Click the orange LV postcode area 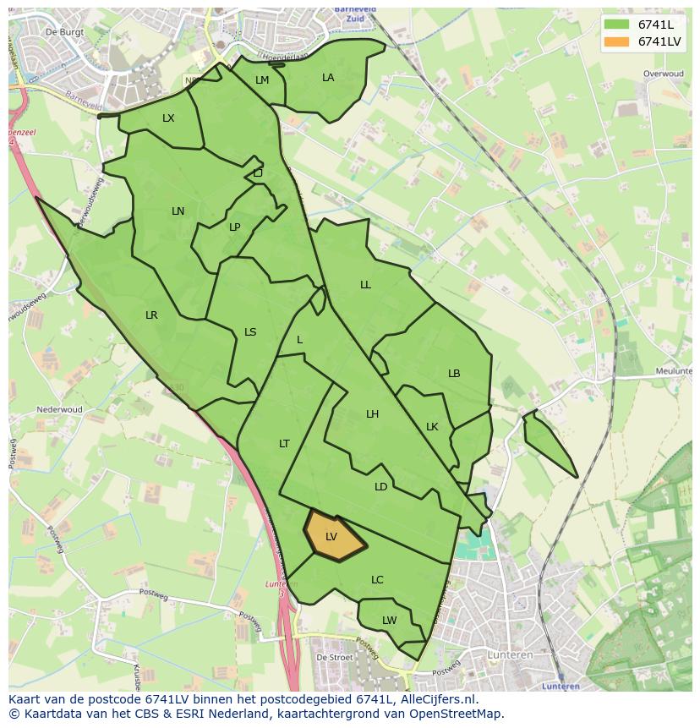(332, 536)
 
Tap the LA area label (328, 78)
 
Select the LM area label (262, 80)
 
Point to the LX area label (168, 118)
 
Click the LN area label (178, 211)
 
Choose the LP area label (234, 227)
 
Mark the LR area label (151, 315)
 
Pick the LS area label (250, 332)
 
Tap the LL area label (365, 285)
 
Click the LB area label (454, 374)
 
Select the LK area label (432, 427)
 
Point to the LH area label (372, 414)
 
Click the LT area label (284, 444)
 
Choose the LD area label (380, 487)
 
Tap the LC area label (377, 580)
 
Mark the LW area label (389, 621)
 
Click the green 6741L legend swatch (616, 25)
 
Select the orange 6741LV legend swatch (616, 41)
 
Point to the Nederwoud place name (59, 410)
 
